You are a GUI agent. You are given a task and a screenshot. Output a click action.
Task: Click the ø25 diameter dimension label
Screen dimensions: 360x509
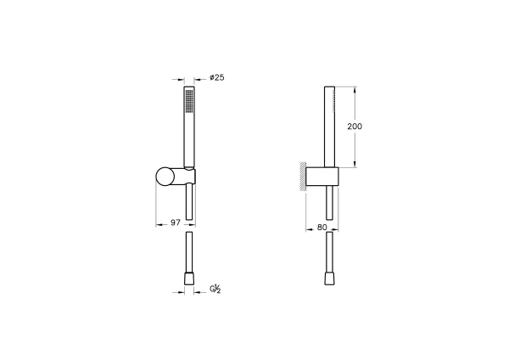pyautogui.click(x=215, y=78)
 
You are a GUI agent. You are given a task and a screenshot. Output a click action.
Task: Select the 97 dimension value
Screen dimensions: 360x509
pyautogui.click(x=173, y=222)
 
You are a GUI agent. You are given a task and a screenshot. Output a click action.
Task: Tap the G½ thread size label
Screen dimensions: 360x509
pyautogui.click(x=215, y=290)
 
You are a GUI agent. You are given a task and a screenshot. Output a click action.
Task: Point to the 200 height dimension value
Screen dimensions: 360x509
pyautogui.click(x=355, y=126)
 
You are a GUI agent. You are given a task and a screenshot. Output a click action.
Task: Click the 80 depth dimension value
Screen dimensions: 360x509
pyautogui.click(x=322, y=227)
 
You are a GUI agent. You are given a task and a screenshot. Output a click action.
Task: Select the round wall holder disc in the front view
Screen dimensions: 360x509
pyautogui.click(x=166, y=177)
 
